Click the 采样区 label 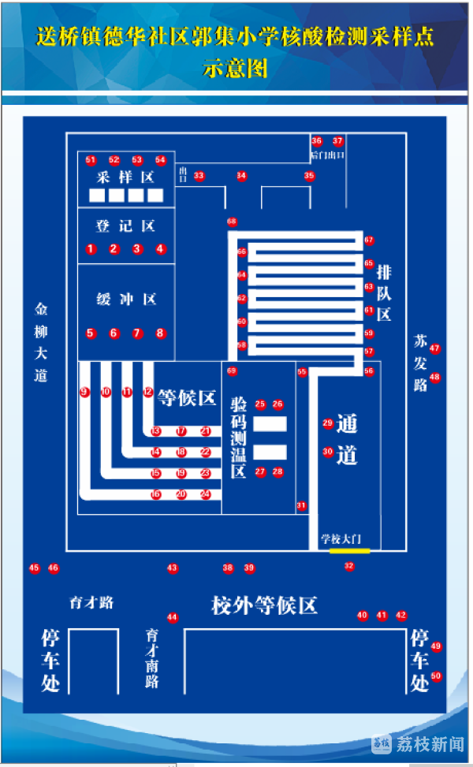click(125, 177)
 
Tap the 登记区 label click(125, 226)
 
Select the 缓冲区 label click(126, 299)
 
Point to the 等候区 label click(187, 397)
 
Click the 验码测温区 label click(239, 437)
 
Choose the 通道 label click(347, 439)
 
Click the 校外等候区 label click(264, 605)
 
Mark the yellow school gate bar click(349, 550)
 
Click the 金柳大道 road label click(41, 342)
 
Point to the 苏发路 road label click(420, 363)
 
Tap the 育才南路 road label click(152, 657)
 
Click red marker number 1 click(91, 249)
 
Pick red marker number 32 click(349, 566)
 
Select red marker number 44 click(173, 618)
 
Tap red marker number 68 click(232, 222)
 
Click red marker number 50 click(436, 676)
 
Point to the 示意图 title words click(236, 69)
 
